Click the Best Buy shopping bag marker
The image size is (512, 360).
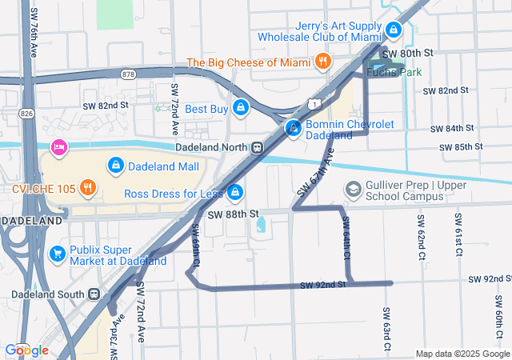[240, 108]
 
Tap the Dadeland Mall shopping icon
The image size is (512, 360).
[116, 166]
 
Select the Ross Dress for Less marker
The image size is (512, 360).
[235, 193]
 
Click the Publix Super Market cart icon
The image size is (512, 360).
[57, 254]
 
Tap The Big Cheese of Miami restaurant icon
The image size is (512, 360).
[322, 61]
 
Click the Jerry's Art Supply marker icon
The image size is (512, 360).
[393, 30]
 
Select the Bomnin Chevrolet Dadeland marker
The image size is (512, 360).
[294, 128]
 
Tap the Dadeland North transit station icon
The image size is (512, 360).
[257, 147]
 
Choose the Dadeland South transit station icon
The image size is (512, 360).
[94, 294]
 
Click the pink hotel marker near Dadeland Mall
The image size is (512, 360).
[57, 148]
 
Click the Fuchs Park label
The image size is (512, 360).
[393, 72]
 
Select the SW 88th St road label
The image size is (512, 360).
[234, 214]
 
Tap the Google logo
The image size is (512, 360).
[26, 350]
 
